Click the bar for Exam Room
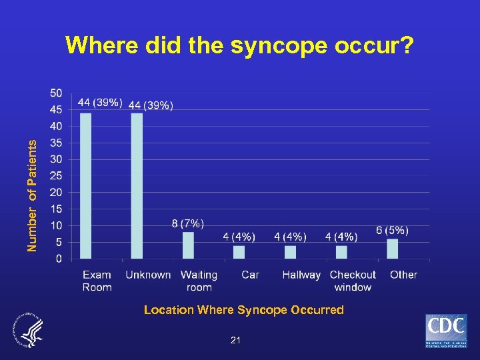(86, 185)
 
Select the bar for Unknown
(137, 185)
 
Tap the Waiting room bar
(188, 245)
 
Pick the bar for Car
(239, 251)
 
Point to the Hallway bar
(290, 251)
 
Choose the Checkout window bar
(341, 251)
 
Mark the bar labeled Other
(393, 248)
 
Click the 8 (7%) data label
(188, 223)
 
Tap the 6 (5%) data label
(393, 229)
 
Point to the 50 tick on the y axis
(57, 93)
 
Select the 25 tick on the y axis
(57, 175)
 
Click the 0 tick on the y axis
(59, 258)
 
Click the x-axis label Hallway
(301, 275)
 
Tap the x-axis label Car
(250, 275)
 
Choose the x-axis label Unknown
(148, 275)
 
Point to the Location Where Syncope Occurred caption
(244, 310)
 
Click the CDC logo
(446, 331)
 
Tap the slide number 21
(235, 341)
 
